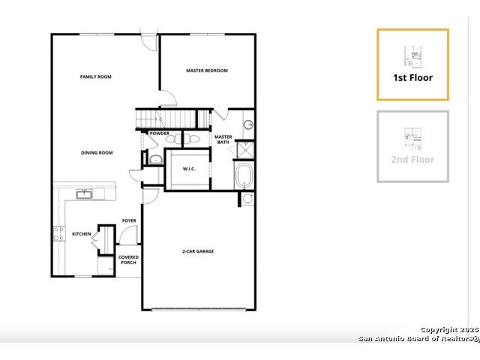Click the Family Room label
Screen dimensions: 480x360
[96, 76]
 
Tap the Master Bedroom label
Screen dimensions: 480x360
[207, 70]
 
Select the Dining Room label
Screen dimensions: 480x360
[97, 153]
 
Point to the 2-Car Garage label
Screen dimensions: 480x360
[198, 251]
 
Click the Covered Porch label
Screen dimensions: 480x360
[128, 260]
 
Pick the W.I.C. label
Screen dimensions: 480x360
[189, 169]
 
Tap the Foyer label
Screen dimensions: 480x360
[129, 220]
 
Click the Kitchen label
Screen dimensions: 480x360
[82, 234]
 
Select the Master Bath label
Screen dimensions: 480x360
[223, 139]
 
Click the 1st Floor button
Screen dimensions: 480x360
[413, 64]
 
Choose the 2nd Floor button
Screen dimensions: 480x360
[413, 147]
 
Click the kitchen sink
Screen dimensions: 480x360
[84, 194]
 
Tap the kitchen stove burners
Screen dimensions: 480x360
[59, 233]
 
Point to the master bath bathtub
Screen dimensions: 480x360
[244, 176]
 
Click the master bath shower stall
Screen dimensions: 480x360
[245, 150]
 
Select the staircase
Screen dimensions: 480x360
[173, 119]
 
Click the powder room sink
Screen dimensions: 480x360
[156, 160]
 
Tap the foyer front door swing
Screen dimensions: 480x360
[128, 235]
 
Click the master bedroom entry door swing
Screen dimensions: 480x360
[168, 98]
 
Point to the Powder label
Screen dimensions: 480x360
[160, 133]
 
